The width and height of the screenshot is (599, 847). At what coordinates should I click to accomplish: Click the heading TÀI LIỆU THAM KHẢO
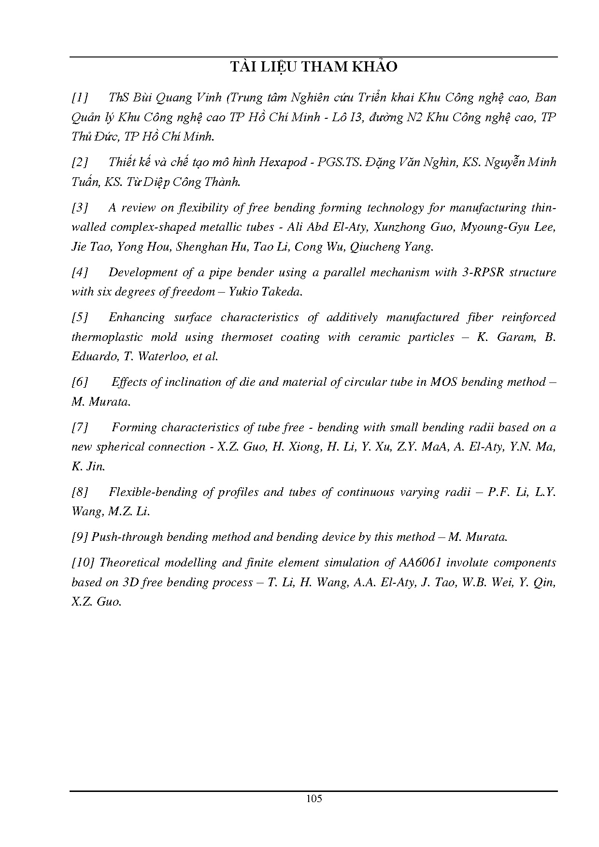314,67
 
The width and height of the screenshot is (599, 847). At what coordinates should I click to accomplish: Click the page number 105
314,798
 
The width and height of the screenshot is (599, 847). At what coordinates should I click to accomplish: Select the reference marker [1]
80,98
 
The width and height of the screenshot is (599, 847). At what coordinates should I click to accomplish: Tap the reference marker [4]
80,272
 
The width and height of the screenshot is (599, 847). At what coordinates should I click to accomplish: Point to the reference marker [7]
80,427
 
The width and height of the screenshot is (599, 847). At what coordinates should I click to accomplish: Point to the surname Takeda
283,292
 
